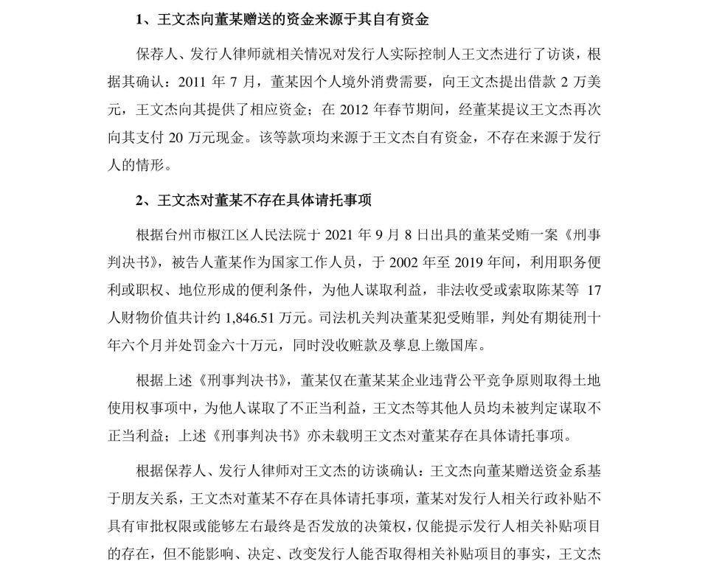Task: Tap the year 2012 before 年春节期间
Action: pos(357,111)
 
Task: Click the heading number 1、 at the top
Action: pos(145,20)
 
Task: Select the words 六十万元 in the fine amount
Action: pos(232,345)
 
